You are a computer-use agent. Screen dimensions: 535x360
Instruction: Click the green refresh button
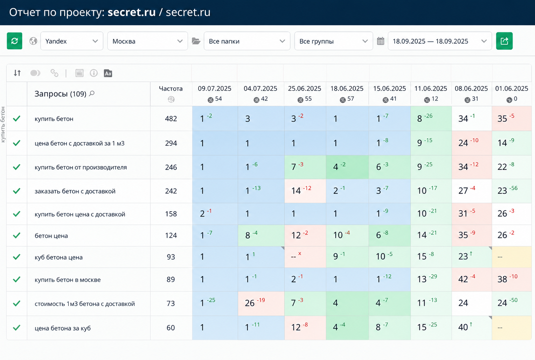[x=15, y=41]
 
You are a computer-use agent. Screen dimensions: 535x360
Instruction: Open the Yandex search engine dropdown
[x=72, y=41]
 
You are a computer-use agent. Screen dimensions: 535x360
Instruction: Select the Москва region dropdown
[x=147, y=41]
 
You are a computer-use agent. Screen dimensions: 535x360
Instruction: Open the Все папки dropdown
[x=247, y=41]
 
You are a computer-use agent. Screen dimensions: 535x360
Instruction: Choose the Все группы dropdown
[x=333, y=41]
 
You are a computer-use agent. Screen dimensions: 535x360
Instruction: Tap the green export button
[x=504, y=41]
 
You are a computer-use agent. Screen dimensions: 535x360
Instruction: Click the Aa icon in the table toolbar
[x=108, y=73]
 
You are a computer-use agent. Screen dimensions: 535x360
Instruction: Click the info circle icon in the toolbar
[x=93, y=73]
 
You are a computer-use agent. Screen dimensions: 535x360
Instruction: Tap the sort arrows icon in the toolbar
[x=17, y=73]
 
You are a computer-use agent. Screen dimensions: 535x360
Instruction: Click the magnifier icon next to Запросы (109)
[x=92, y=93]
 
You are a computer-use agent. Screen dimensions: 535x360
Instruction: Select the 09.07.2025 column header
[x=215, y=89]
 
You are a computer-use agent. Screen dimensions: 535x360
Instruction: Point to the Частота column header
[x=171, y=89]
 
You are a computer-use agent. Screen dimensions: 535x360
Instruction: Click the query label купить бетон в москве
[x=68, y=280]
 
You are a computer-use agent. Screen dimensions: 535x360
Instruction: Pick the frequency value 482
[x=171, y=119]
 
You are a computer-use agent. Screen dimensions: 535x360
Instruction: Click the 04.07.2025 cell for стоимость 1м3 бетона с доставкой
[x=261, y=303]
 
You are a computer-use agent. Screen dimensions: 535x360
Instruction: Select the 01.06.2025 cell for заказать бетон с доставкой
[x=512, y=191]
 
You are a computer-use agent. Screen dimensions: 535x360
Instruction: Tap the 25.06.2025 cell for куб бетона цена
[x=305, y=257]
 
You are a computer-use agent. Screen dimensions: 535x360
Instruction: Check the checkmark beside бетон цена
[x=16, y=235]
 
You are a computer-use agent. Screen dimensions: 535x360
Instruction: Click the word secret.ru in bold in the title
[x=132, y=12]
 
